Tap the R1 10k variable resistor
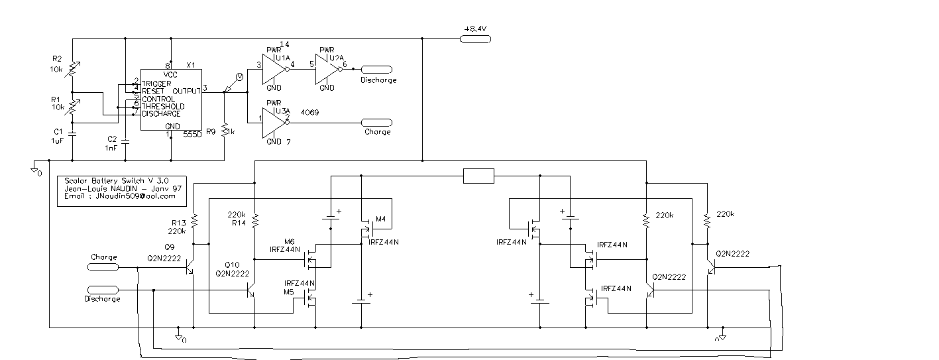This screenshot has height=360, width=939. tap(72, 107)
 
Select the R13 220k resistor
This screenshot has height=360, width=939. tap(194, 221)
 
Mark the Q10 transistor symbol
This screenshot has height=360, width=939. tap(250, 290)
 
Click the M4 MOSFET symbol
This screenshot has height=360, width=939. tap(366, 229)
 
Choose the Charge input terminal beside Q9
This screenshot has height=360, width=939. tap(104, 267)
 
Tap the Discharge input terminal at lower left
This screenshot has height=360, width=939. tap(103, 290)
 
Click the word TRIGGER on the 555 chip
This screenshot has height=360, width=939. tap(156, 84)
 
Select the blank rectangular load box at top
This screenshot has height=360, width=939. tap(478, 176)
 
